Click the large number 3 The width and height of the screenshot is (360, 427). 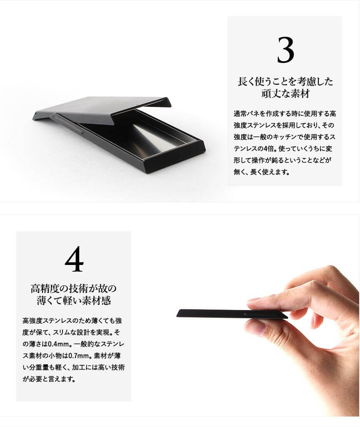point(285,50)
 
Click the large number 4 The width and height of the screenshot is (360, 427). point(74,259)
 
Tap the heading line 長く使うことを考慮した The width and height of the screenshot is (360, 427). point(285,81)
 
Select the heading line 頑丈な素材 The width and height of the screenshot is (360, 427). point(285,94)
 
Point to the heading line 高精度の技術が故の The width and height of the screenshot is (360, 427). point(73,288)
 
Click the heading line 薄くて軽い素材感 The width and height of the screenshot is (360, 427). point(73,301)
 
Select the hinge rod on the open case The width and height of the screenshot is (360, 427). point(70,124)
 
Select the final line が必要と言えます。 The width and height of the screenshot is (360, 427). point(49,379)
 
